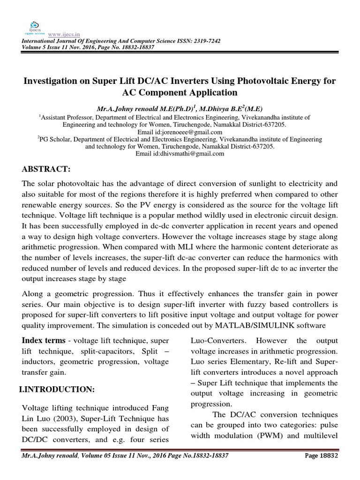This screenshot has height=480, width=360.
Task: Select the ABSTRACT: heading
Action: point(46,169)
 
